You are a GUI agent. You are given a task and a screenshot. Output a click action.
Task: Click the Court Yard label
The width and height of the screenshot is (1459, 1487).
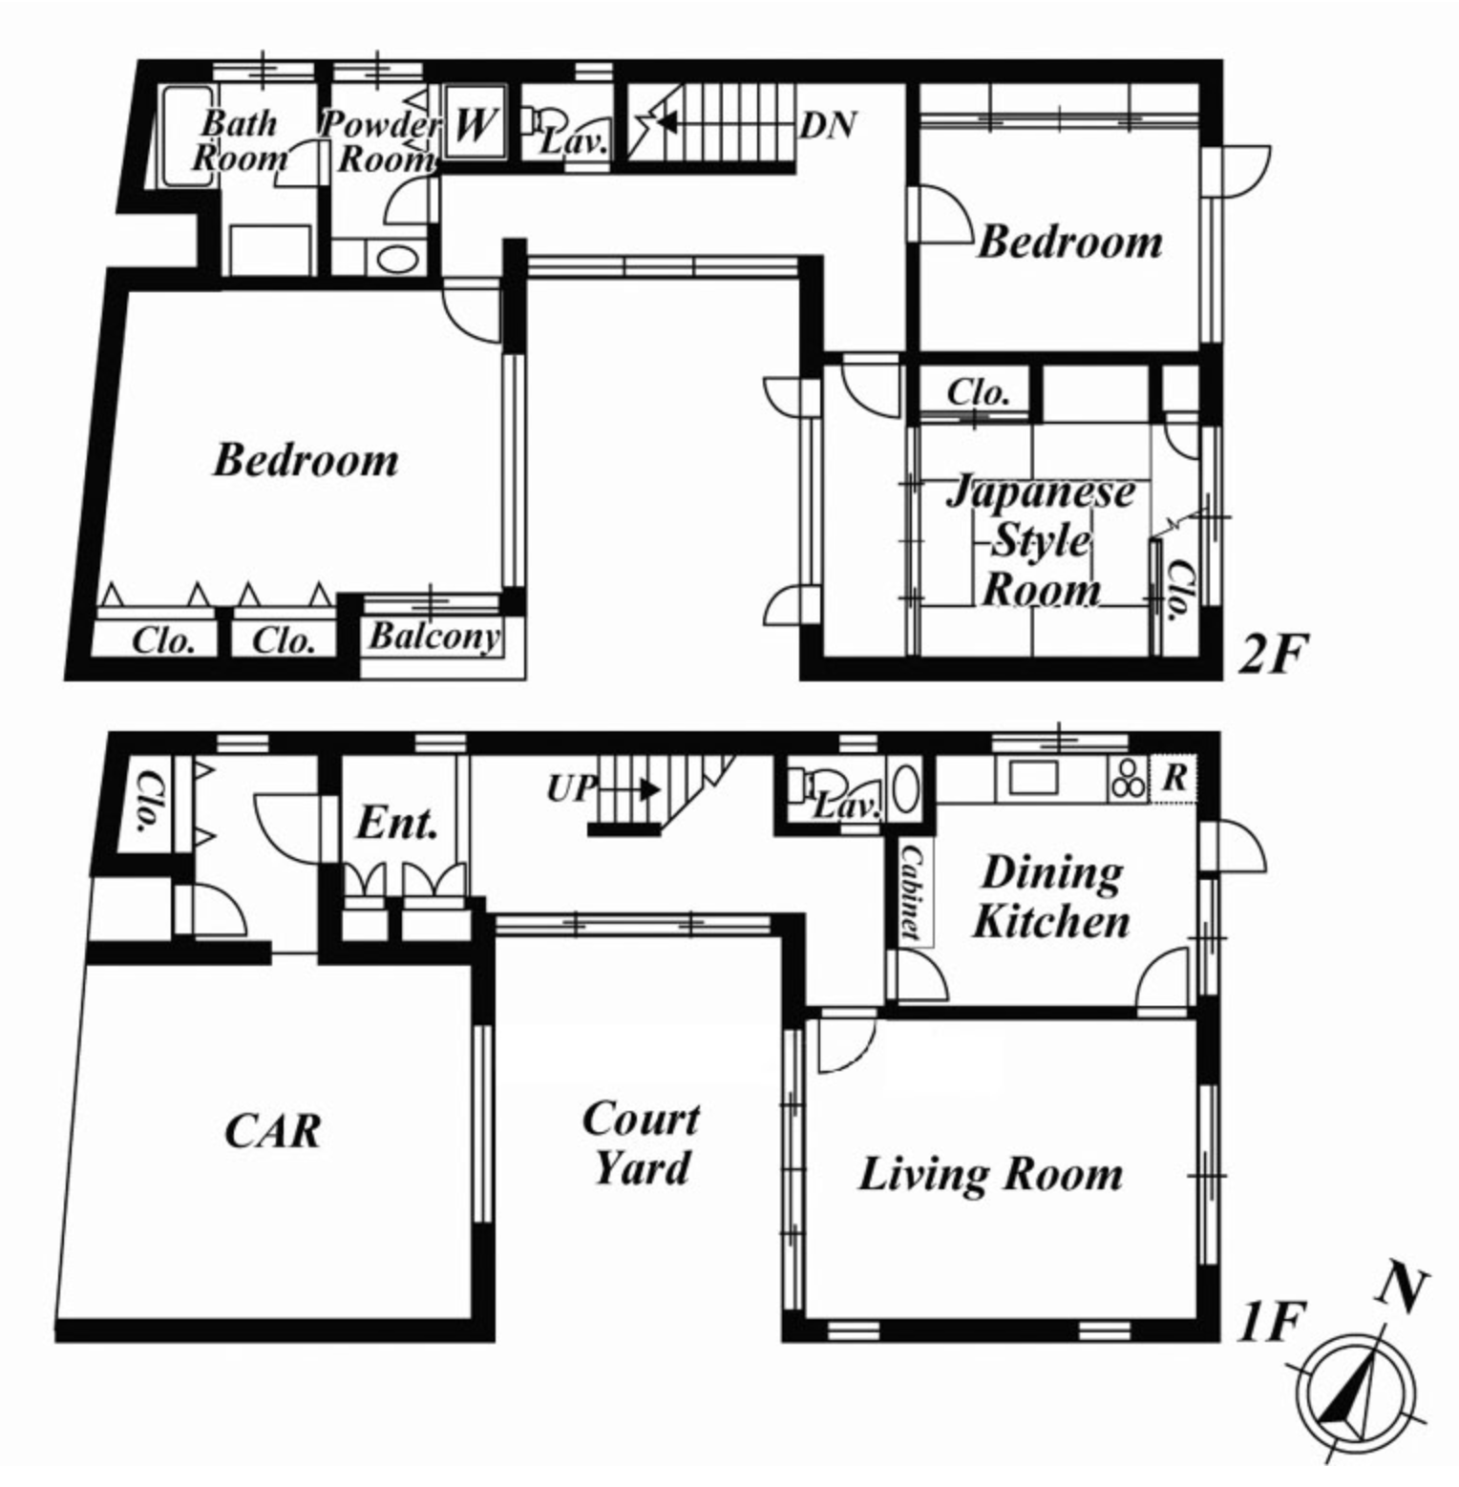coord(641,1142)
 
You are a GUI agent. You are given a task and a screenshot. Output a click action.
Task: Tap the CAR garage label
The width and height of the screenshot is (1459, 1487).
coord(273,1131)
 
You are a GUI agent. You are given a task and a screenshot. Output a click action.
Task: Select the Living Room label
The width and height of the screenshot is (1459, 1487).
coord(991,1174)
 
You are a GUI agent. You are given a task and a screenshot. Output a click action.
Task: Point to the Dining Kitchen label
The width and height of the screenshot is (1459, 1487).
coord(1051,897)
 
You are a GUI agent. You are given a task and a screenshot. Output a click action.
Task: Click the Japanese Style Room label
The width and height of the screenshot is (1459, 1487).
coord(1042,541)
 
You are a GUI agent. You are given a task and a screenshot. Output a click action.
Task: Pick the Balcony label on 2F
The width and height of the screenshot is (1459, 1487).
coord(434,637)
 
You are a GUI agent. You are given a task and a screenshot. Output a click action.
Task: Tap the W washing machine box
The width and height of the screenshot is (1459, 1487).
coord(475,124)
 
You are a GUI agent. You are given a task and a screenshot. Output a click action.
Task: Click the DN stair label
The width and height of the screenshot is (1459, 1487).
coord(828,125)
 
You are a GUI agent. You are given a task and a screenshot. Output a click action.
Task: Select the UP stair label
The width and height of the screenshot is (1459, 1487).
coord(571,789)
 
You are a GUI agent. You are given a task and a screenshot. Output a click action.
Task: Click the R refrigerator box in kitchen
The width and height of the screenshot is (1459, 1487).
coord(1174,779)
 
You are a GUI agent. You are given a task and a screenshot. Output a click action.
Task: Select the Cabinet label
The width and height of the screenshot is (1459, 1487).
coord(911,892)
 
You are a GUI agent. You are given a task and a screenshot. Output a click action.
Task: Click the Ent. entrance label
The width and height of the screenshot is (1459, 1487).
coord(397,824)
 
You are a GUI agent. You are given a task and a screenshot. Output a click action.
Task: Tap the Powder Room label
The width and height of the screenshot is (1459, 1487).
coord(380,141)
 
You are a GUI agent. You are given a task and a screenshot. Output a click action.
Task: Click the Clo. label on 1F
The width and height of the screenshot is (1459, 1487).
coord(149,802)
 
